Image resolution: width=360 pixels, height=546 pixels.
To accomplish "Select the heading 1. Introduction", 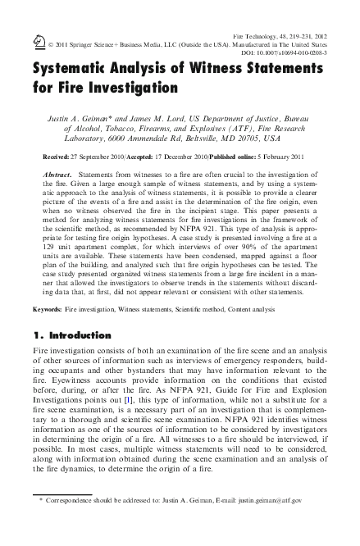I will pos(71,335).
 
